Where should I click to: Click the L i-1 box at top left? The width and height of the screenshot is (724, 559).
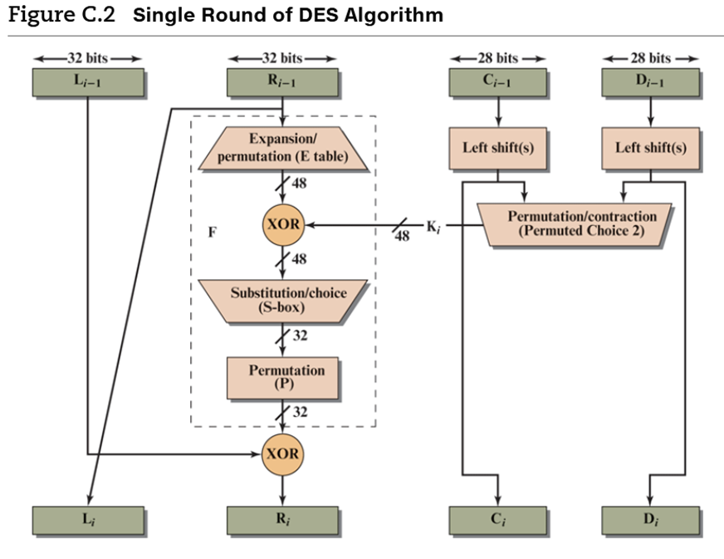tap(88, 82)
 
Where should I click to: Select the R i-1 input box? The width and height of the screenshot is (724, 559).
tap(282, 82)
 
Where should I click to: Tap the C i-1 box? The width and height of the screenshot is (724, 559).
tap(497, 82)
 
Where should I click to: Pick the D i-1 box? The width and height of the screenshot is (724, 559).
tap(650, 82)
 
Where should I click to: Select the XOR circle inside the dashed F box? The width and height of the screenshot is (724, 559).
tap(282, 224)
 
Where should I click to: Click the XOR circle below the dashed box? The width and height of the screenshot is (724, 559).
tap(282, 454)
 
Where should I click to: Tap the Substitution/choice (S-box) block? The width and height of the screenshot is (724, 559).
tap(282, 300)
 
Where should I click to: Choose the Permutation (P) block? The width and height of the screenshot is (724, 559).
tap(282, 377)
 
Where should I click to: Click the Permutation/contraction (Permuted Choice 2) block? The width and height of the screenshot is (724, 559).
tap(580, 223)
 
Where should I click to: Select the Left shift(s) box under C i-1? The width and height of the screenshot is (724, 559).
tap(497, 148)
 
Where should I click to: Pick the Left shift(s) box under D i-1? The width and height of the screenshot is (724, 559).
tap(650, 148)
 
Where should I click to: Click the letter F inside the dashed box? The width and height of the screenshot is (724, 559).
tap(213, 233)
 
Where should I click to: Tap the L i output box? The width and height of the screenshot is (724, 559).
tap(88, 521)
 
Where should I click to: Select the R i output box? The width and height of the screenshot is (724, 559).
tap(282, 521)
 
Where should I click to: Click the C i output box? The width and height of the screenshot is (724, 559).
tap(497, 521)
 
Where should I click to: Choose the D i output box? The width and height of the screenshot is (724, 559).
tap(650, 521)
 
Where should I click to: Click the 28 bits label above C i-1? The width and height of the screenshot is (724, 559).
tap(497, 58)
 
